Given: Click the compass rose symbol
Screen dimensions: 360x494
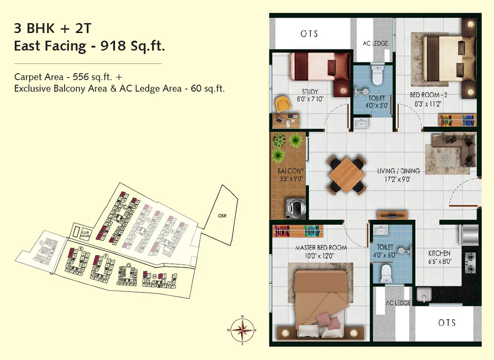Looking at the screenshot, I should point(242,330).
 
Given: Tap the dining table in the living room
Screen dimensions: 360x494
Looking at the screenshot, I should point(346,176).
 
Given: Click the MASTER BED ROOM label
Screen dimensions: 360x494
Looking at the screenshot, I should point(321,247).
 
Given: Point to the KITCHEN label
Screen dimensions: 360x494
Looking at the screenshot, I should point(439,253).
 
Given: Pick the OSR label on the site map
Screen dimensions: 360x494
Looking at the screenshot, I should point(222,216).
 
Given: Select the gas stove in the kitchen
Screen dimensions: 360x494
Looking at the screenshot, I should point(470,262).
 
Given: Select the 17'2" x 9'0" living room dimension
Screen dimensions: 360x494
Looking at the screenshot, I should point(398,179).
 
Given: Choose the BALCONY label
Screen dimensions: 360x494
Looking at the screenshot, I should point(291,171).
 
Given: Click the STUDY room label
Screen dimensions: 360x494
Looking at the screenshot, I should point(310,91).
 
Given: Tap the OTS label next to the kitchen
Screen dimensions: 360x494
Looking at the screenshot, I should point(447,322).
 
